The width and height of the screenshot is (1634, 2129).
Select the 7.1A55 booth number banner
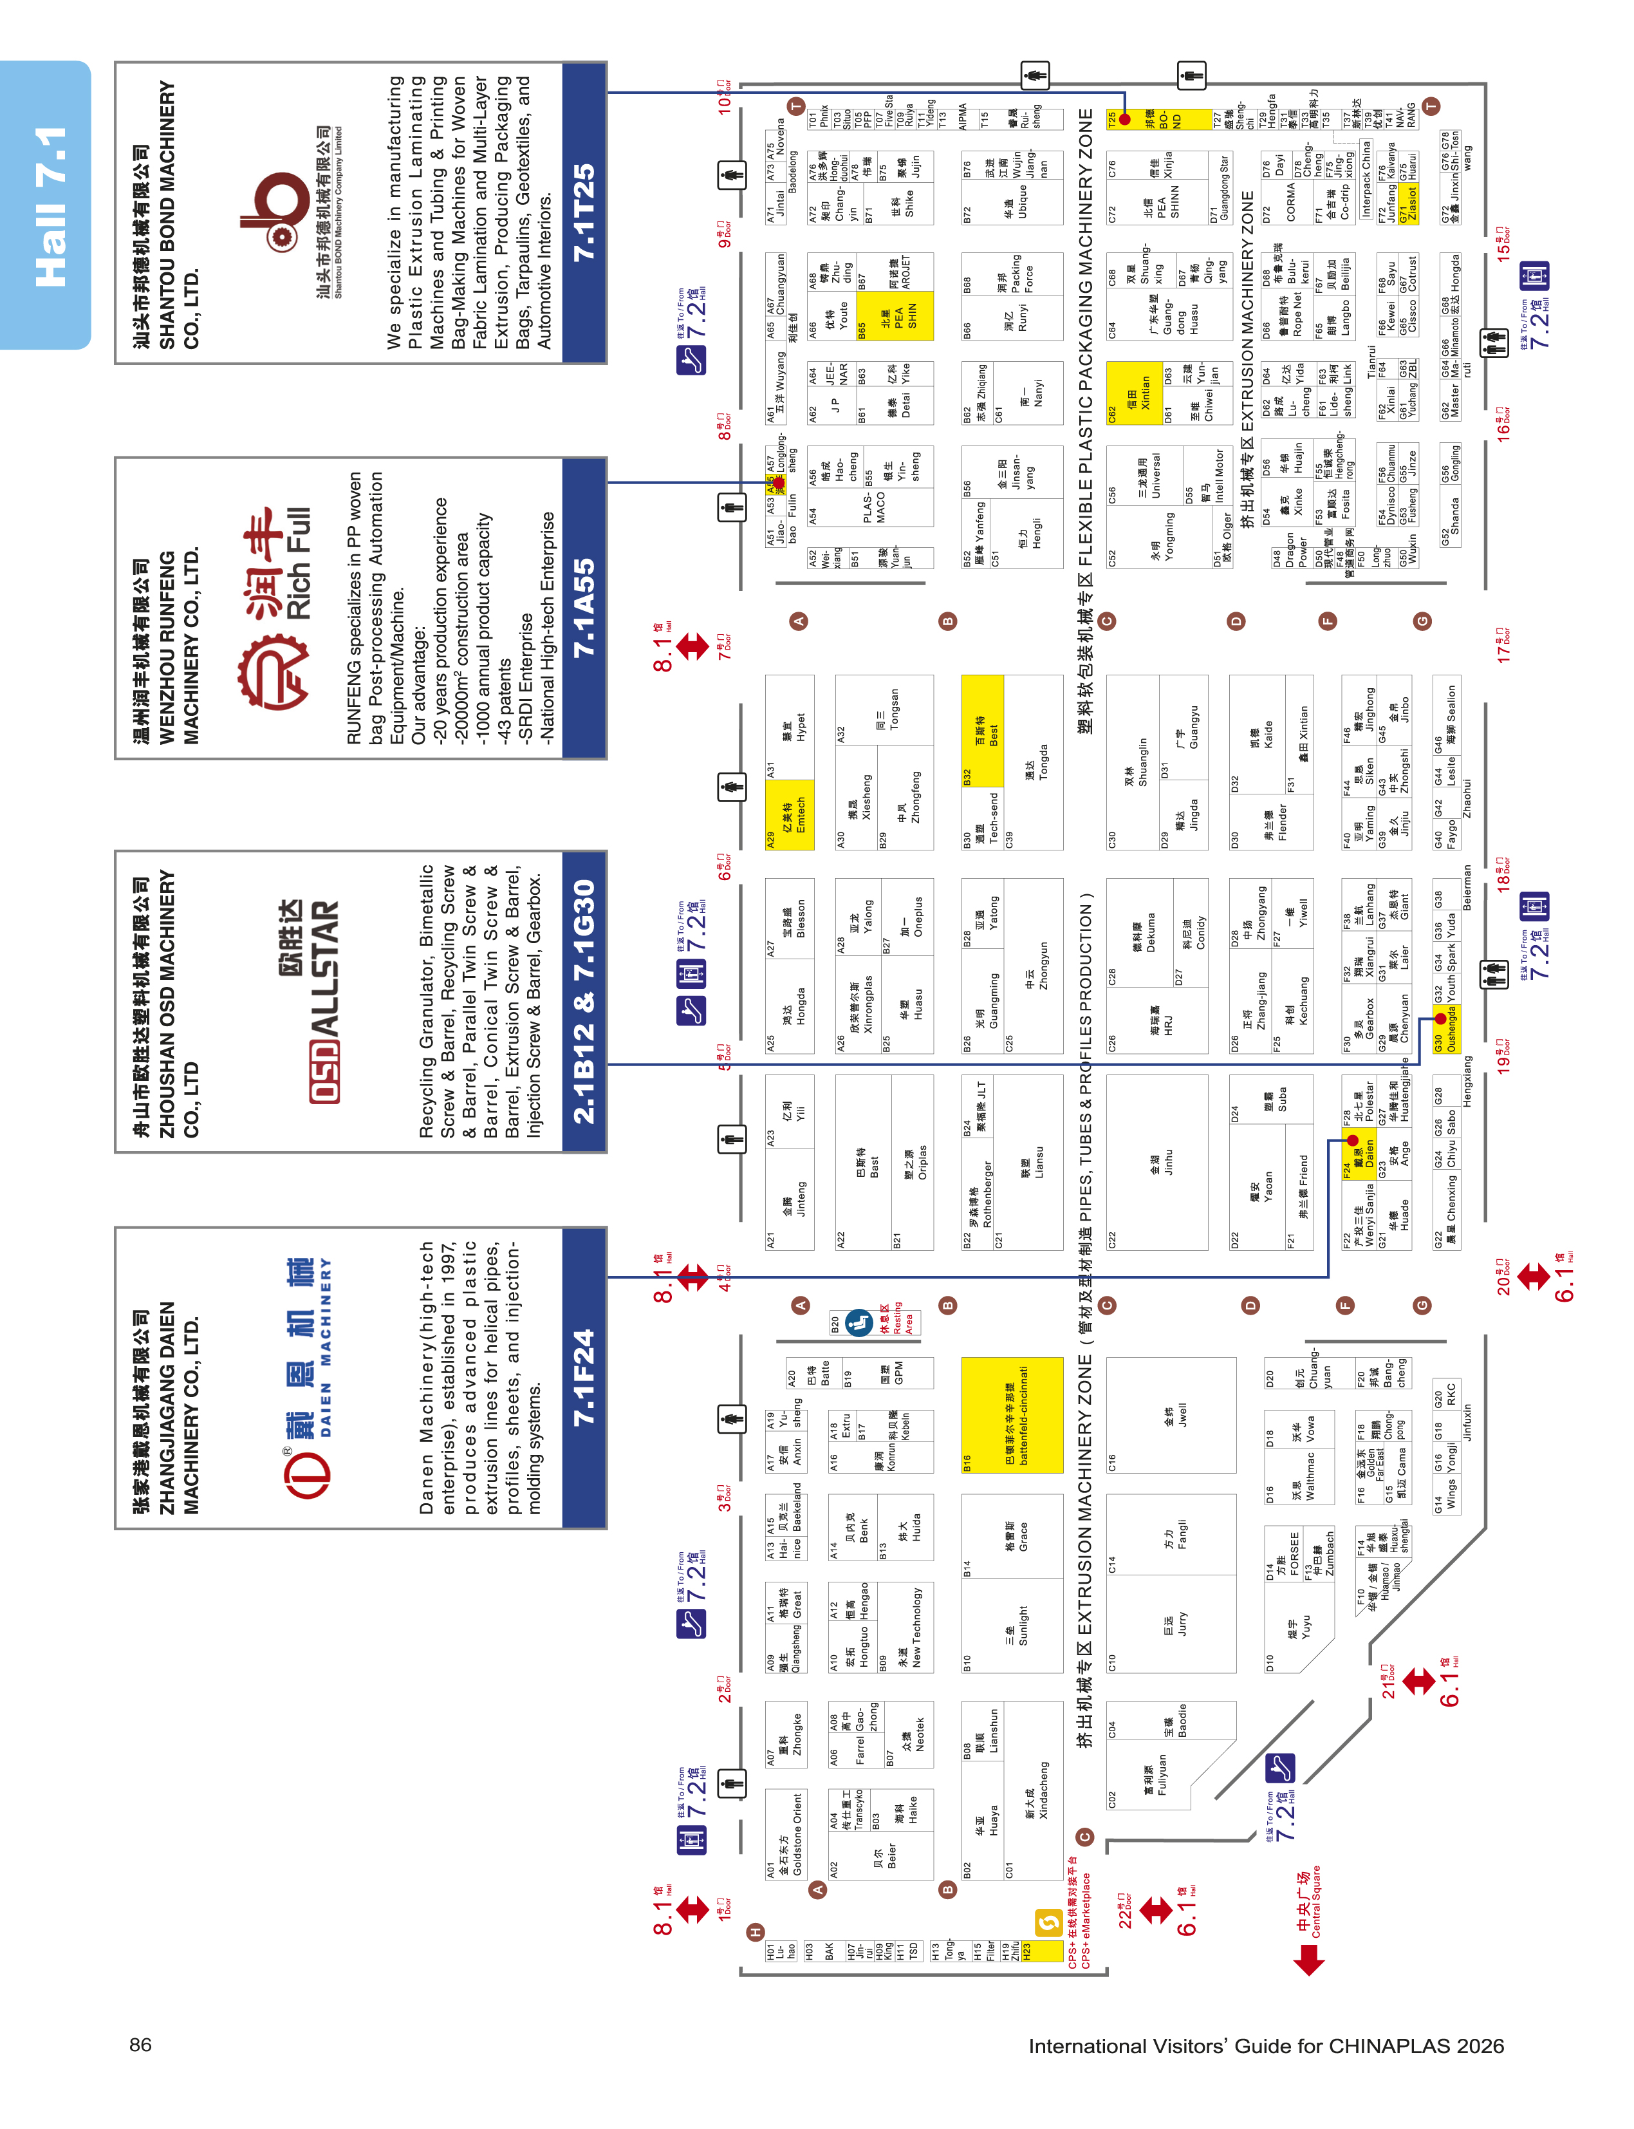[x=584, y=608]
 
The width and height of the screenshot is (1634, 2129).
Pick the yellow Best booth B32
[x=982, y=731]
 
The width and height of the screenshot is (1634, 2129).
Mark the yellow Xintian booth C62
[x=1134, y=393]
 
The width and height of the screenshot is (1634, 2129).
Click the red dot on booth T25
[x=1126, y=120]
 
